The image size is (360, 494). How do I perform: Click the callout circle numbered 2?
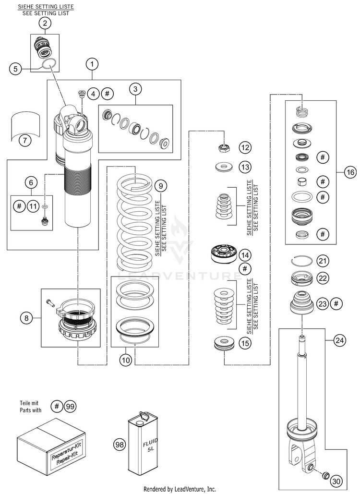(x=45, y=23)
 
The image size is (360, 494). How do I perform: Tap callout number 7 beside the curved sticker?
(x=25, y=140)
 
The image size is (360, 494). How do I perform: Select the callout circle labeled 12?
(x=245, y=147)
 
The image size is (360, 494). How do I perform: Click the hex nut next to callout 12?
(x=224, y=147)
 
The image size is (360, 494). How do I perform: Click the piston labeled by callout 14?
(x=224, y=254)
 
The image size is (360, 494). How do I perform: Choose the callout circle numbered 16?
(x=350, y=172)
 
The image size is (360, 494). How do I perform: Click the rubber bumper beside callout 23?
(x=302, y=303)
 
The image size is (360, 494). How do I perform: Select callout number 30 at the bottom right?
(x=336, y=481)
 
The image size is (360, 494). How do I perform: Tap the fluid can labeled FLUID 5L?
(x=143, y=443)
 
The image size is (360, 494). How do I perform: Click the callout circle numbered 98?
(x=120, y=445)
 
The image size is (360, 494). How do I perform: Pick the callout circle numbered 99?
(x=70, y=407)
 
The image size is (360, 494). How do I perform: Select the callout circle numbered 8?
(x=26, y=318)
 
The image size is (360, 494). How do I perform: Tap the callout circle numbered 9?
(x=161, y=186)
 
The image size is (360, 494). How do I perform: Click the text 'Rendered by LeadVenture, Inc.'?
(x=180, y=489)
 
